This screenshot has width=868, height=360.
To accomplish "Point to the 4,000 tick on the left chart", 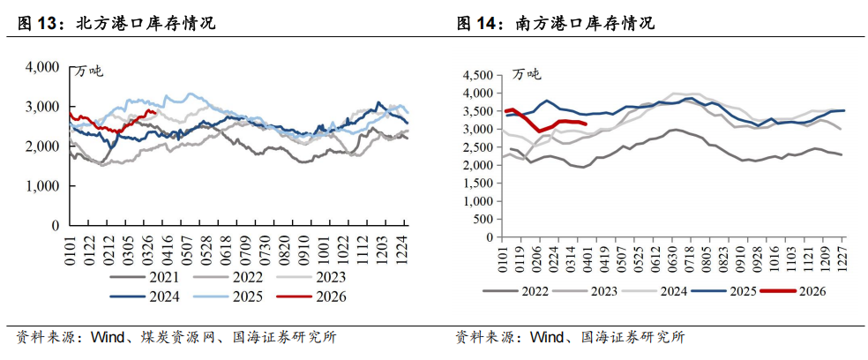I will coord(42,67).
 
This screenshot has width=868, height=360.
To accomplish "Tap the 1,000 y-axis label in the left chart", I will coord(42,186).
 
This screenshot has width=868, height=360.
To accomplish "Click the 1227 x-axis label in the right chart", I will coord(841,257).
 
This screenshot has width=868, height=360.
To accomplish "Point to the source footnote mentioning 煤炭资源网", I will coord(176,337).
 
